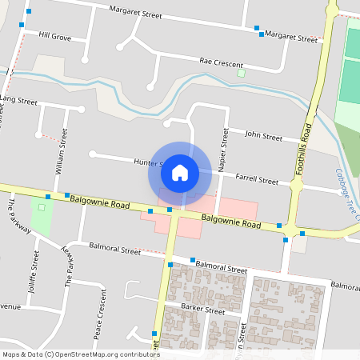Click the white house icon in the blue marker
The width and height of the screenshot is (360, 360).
click(180, 172)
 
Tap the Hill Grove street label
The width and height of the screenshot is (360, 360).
click(55, 37)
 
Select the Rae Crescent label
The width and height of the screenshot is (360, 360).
click(222, 62)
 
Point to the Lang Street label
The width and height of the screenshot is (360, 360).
click(19, 102)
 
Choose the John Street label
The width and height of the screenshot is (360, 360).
click(263, 136)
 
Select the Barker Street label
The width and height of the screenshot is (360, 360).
click(202, 310)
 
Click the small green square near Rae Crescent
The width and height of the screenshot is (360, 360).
click(241, 74)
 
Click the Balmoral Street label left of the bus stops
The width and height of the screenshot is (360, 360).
click(115, 250)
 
